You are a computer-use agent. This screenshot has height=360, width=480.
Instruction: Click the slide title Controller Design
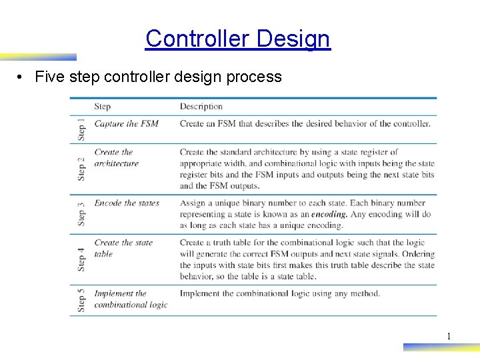(x=237, y=39)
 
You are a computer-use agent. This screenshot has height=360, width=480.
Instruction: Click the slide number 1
(x=449, y=336)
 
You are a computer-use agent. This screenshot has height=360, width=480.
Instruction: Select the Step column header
(x=102, y=107)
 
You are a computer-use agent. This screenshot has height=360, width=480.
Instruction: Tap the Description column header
(x=201, y=107)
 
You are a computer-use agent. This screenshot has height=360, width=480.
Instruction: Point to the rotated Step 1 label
(x=81, y=129)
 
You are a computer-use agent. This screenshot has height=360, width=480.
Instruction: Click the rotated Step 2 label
(x=81, y=169)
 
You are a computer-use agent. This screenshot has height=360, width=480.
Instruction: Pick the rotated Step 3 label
(x=81, y=215)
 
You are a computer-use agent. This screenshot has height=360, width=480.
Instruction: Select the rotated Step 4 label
(x=81, y=259)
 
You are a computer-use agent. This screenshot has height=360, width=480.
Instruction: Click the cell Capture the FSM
(x=126, y=123)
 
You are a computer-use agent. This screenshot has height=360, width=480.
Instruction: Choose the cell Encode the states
(x=127, y=203)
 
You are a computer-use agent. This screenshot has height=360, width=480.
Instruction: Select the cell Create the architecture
(x=116, y=157)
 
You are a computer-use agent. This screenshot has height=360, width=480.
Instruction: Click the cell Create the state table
(x=123, y=248)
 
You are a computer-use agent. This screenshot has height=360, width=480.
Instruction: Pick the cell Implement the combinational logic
(x=130, y=299)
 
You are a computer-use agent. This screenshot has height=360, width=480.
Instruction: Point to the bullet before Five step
(x=22, y=77)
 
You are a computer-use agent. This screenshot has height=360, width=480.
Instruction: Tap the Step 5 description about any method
(x=279, y=293)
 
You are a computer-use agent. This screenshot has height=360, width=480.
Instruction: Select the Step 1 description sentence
(x=305, y=123)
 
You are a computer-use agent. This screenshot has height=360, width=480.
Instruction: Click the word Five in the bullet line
(x=49, y=77)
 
